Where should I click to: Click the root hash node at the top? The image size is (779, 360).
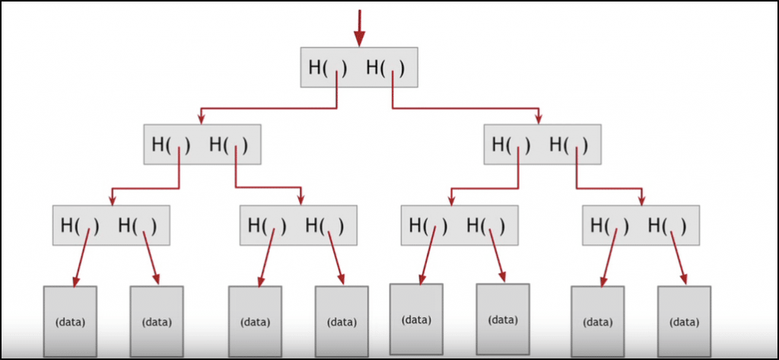358,67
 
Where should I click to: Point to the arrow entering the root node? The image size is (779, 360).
359,27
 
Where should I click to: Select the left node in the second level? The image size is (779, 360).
202,144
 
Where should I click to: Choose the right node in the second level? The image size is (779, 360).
542,144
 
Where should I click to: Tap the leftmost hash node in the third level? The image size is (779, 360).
111,225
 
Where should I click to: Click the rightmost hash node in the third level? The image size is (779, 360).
640,225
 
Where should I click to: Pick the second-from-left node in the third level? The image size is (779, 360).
298,225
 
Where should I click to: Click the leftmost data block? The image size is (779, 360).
70,321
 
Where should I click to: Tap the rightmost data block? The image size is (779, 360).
684,321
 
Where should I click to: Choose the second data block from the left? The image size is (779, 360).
156,321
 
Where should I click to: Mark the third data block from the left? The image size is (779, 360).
255,321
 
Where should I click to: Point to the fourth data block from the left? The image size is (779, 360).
342,321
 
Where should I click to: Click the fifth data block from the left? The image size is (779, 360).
416,320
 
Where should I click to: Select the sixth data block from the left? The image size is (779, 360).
503,320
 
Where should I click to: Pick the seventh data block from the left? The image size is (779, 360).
597,321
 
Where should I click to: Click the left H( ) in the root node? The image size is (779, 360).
328,68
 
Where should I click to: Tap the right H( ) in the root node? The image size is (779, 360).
386,68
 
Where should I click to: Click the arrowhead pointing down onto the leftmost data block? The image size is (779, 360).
75,282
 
